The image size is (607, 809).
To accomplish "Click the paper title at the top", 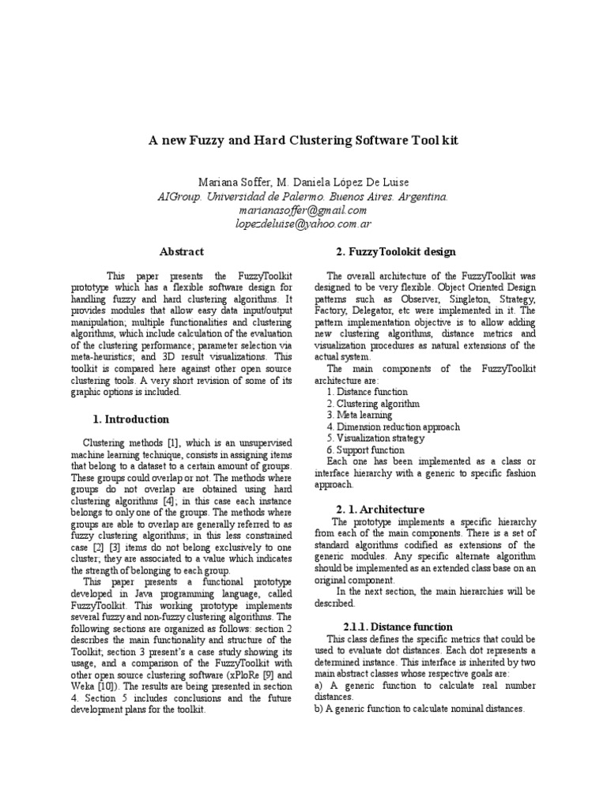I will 303,140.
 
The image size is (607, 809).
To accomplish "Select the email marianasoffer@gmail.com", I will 303,211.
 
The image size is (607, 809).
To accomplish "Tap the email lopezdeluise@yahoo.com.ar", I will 303,224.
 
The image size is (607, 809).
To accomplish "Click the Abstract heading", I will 182,251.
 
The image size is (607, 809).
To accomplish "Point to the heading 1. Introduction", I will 126,419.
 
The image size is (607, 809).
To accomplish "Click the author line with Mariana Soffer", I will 303,182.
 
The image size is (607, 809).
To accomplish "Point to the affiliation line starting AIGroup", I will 303,197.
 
